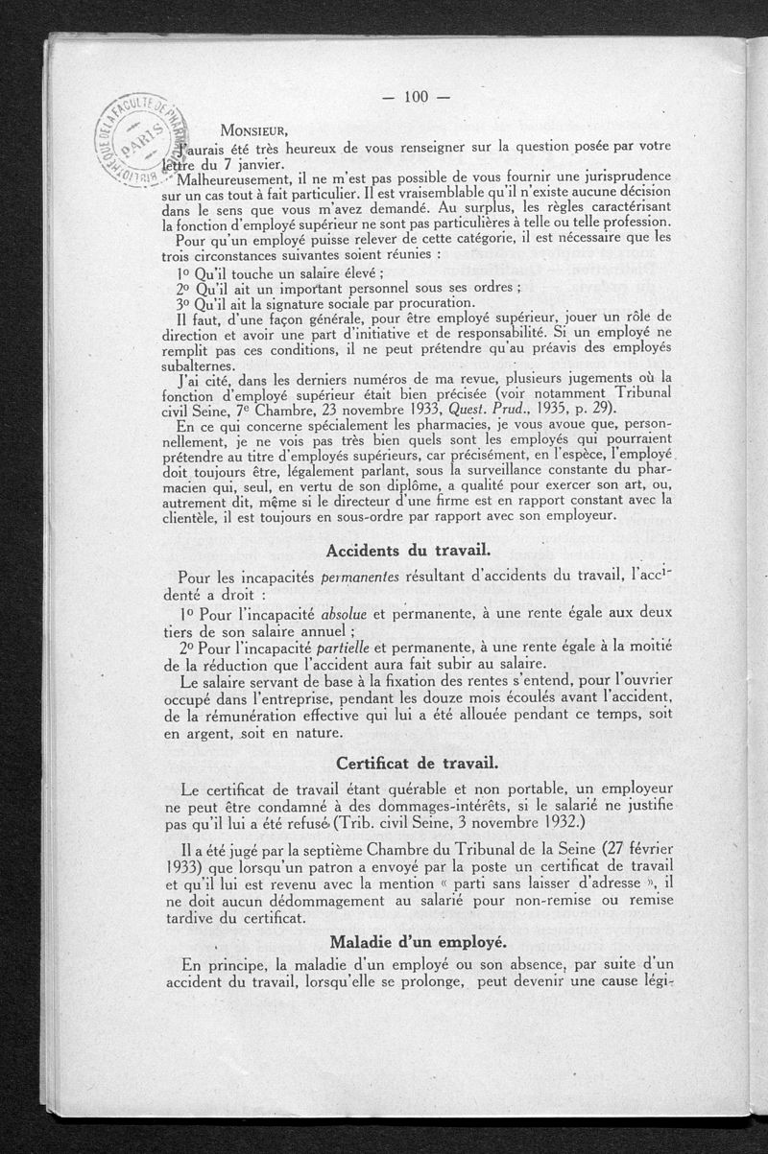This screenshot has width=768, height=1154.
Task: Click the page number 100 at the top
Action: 415,96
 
